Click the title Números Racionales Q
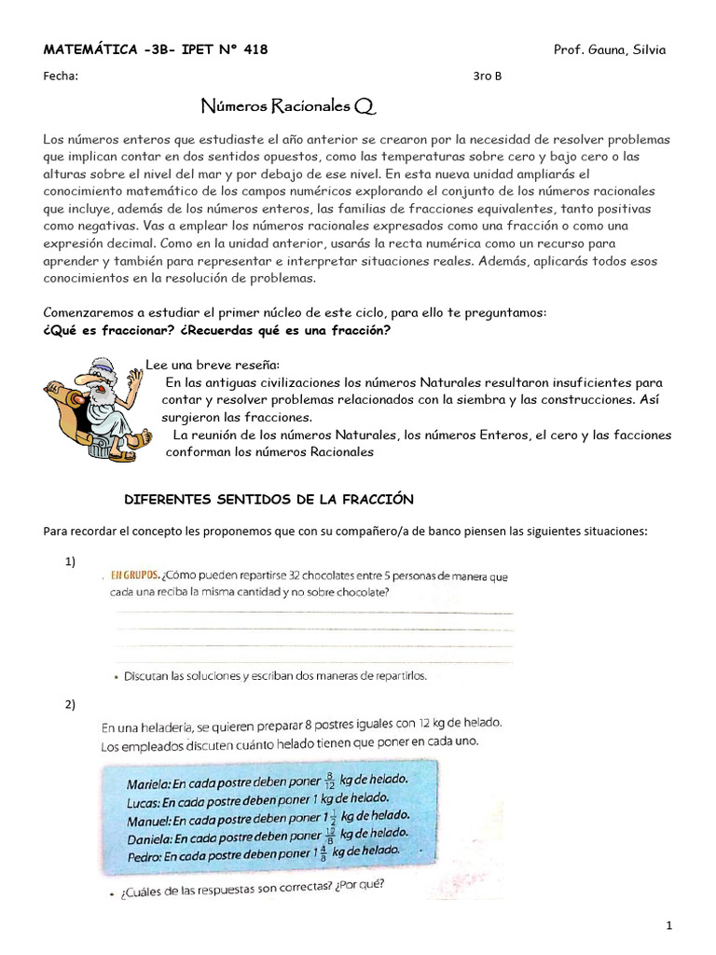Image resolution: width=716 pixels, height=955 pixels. [x=289, y=107]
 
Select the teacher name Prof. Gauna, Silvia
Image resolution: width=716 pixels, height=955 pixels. [x=610, y=49]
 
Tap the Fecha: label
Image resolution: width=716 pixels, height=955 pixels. [x=61, y=76]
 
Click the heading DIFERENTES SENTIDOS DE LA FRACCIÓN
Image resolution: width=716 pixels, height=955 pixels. [x=268, y=500]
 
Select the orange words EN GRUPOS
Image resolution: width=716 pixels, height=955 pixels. [x=135, y=575]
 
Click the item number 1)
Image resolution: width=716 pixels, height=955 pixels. [x=70, y=561]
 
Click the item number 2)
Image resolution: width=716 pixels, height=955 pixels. [x=70, y=704]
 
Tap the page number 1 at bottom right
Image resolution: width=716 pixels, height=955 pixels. [x=669, y=925]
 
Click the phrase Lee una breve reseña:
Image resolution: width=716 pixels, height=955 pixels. [x=213, y=364]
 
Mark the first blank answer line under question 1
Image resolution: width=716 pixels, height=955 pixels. [x=312, y=613]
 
